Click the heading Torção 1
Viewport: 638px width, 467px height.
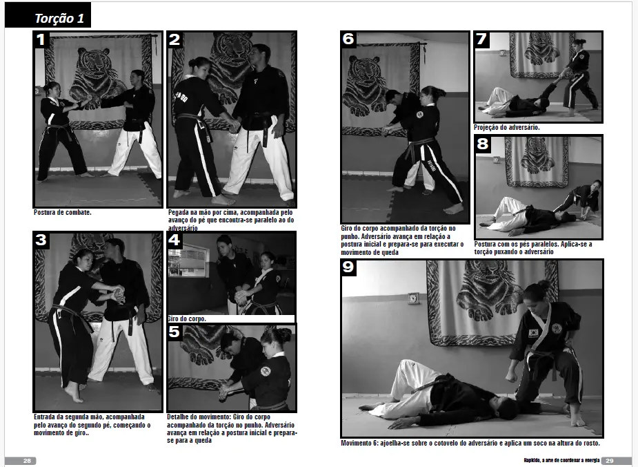(x=59, y=19)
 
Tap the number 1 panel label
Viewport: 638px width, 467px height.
(x=41, y=40)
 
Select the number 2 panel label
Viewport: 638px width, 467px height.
(x=175, y=39)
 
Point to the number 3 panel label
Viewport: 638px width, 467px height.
(x=41, y=240)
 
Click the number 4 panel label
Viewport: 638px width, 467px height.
(x=174, y=240)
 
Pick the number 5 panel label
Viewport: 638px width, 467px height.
(x=174, y=332)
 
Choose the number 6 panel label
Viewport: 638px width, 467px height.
(x=348, y=39)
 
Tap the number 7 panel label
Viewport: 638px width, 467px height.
(x=481, y=39)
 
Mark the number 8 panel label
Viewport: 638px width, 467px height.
(x=482, y=144)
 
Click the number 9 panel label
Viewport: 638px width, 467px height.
(x=349, y=267)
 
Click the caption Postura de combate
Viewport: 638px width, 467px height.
(x=63, y=212)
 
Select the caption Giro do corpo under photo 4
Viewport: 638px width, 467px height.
(x=187, y=318)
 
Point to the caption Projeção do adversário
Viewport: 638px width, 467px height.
(x=507, y=127)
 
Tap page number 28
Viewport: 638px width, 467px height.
(x=27, y=461)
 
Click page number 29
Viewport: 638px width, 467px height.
(x=609, y=461)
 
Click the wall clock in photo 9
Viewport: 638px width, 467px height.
(x=413, y=298)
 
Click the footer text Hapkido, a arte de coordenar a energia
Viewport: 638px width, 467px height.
(x=561, y=461)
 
